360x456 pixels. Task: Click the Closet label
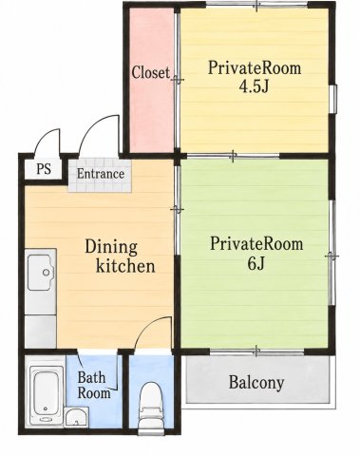(x=150, y=72)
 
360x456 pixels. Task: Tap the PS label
(x=44, y=169)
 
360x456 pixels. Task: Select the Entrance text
(x=101, y=174)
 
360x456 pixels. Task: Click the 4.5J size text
(x=254, y=86)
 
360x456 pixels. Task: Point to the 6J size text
(x=256, y=263)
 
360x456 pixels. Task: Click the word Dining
(x=111, y=247)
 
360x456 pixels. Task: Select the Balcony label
(x=256, y=382)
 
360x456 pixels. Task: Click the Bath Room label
(x=94, y=386)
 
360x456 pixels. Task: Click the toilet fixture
(x=151, y=408)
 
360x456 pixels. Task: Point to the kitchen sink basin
(x=42, y=273)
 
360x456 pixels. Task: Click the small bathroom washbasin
(x=76, y=416)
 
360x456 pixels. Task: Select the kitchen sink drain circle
(x=47, y=273)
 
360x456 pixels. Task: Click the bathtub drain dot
(x=47, y=408)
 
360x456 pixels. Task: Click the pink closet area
(x=152, y=79)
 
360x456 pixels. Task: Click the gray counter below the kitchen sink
(x=41, y=332)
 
